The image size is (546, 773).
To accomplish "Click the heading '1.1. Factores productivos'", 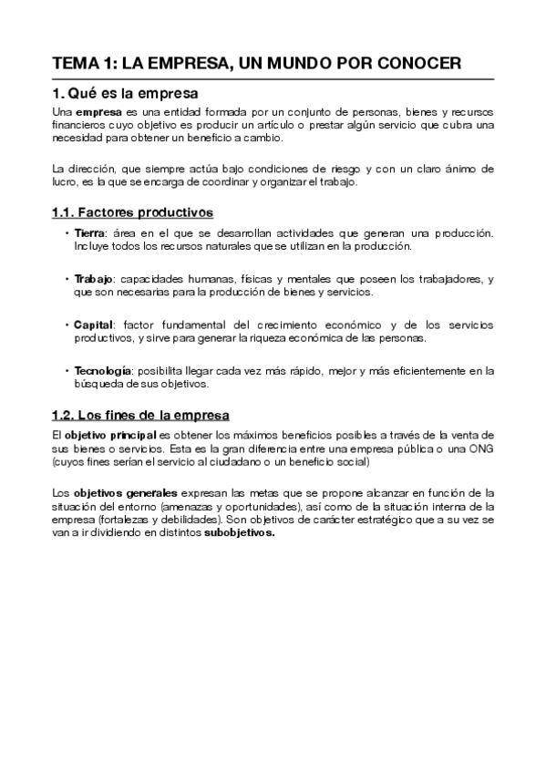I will (x=132, y=212).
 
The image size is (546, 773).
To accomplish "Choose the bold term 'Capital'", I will (x=93, y=325).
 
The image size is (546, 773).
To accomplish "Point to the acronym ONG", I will (x=481, y=449).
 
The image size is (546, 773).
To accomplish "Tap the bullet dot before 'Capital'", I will (x=67, y=325).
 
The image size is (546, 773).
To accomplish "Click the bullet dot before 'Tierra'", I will (x=67, y=233).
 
